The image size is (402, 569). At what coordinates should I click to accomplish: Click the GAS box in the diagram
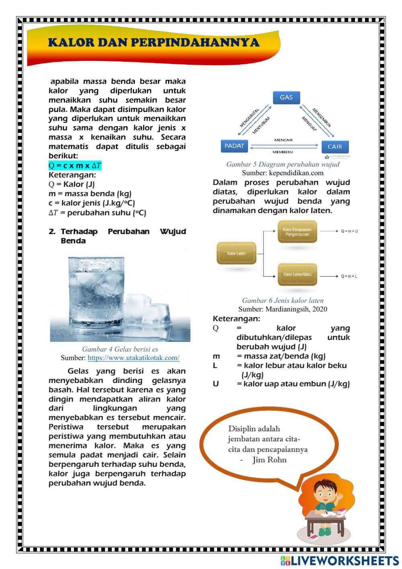[x=286, y=97]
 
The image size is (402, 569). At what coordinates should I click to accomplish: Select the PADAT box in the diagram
[x=234, y=146]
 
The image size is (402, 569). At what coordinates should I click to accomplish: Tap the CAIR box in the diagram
[x=334, y=147]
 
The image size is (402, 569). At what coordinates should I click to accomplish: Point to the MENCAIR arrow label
[x=283, y=140]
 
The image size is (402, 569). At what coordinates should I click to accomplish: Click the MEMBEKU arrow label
[x=283, y=152]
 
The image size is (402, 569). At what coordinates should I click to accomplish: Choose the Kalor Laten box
[x=236, y=253]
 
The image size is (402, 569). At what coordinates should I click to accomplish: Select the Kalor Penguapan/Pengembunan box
[x=297, y=232]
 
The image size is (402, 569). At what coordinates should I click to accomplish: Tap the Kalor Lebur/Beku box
[x=297, y=275]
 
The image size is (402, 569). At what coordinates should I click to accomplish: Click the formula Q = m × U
[x=349, y=232]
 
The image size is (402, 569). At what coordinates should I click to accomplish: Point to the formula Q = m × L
[x=349, y=276]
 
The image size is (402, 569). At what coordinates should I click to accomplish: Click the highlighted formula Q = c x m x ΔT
[x=75, y=166]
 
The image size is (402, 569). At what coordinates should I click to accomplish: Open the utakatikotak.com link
[x=133, y=358]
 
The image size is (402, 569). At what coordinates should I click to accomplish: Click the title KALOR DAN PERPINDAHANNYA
[x=154, y=43]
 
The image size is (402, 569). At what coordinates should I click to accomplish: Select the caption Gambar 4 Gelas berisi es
[x=120, y=349]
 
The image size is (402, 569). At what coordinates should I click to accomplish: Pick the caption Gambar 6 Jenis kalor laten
[x=283, y=300]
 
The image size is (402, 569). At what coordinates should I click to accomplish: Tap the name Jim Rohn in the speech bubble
[x=269, y=460]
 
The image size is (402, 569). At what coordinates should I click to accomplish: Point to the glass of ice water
[x=96, y=292]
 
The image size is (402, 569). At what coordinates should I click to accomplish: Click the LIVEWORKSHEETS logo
[x=340, y=561]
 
